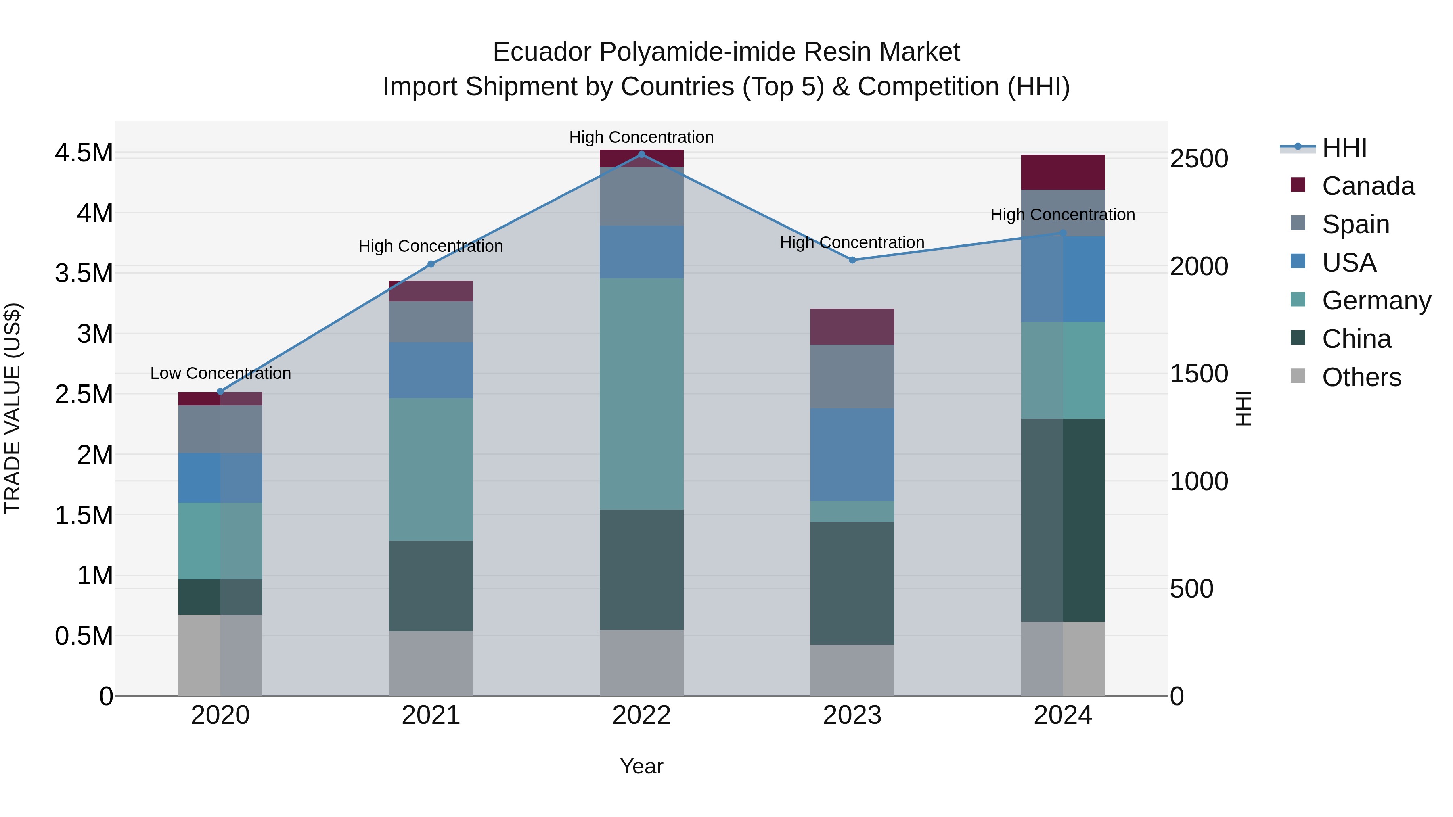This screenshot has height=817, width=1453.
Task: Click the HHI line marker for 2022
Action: [x=641, y=155]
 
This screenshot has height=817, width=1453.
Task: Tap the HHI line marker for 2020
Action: [x=220, y=391]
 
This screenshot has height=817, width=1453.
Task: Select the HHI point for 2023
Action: [x=852, y=260]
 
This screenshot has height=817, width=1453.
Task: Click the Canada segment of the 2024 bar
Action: [x=1063, y=172]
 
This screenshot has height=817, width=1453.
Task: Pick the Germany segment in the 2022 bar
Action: [x=641, y=393]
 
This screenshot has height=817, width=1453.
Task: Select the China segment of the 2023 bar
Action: [x=852, y=583]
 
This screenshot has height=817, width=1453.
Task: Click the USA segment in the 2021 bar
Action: [x=431, y=370]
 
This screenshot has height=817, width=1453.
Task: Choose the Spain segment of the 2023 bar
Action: [x=852, y=377]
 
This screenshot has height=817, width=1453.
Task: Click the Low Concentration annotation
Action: [x=220, y=373]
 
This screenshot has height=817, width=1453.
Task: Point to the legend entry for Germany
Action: [x=1376, y=301]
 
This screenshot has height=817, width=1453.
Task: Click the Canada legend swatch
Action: [x=1298, y=185]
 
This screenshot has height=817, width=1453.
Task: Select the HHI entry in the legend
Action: [x=1344, y=148]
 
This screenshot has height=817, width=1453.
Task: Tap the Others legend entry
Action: [x=1361, y=377]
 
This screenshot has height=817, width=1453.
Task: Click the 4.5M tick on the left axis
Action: [x=84, y=153]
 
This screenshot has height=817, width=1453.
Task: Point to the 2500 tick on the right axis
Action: [x=1199, y=159]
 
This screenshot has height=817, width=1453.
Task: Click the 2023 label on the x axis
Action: [x=852, y=715]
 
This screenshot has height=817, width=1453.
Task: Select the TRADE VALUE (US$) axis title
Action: [x=13, y=408]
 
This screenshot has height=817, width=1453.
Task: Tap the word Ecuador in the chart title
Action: [x=542, y=52]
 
